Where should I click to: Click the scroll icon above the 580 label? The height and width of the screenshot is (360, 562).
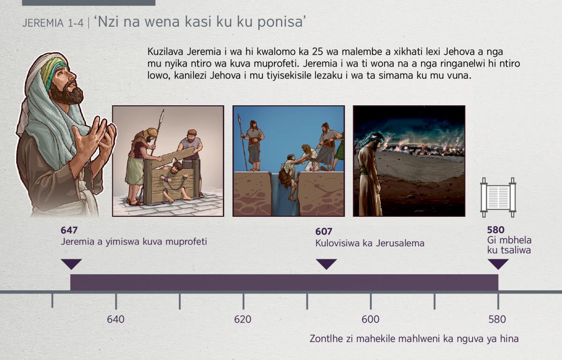tap(498, 198)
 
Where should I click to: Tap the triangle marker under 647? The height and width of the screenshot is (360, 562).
tap(71, 264)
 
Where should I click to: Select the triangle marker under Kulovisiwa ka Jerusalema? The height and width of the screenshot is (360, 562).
tap(326, 264)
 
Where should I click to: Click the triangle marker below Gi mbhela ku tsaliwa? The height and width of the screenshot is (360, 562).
tap(498, 264)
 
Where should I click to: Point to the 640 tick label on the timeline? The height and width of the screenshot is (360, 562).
tap(116, 319)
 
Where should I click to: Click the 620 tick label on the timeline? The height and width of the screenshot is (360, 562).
tap(243, 319)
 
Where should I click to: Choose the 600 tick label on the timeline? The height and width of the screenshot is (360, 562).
tap(370, 319)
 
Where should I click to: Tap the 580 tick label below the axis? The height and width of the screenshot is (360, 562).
tap(497, 319)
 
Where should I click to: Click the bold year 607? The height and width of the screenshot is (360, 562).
tap(324, 231)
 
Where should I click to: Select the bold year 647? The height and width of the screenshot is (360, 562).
tap(69, 230)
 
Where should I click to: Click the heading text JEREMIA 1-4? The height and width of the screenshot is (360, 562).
tap(52, 23)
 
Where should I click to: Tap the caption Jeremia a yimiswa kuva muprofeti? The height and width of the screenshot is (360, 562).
tap(134, 242)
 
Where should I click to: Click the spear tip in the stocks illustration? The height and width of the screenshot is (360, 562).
tap(163, 114)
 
